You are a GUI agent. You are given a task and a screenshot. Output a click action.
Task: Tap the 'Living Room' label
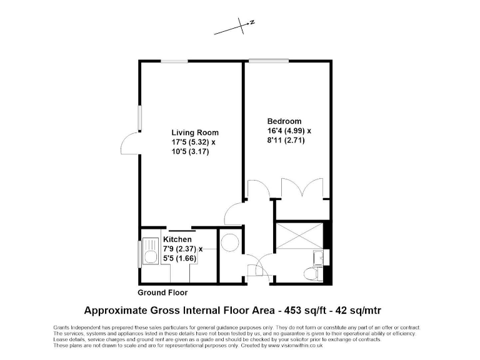click(x=195, y=132)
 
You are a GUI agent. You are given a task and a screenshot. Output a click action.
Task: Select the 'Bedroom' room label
click(x=284, y=121)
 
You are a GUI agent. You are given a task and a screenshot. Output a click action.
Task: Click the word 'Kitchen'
click(x=177, y=239)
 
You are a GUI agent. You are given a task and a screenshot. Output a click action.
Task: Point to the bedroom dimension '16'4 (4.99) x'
click(x=289, y=131)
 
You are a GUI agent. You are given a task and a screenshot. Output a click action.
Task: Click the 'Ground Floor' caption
click(x=162, y=292)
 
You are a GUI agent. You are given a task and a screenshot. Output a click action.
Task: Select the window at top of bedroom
click(x=261, y=61)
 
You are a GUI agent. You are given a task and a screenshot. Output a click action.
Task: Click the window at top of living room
click(x=176, y=61)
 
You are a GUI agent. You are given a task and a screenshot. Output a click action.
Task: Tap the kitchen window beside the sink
click(x=139, y=254)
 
